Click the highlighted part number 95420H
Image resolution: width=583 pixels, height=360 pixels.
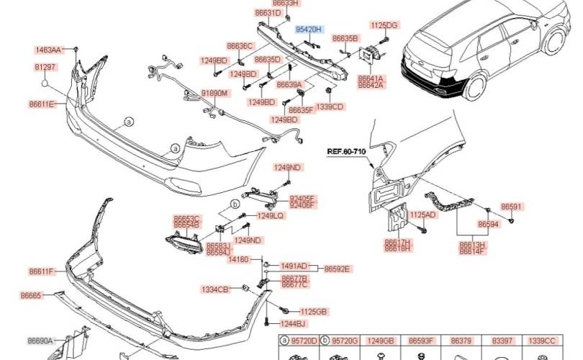(308, 29)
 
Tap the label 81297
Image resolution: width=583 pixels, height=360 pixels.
(45, 67)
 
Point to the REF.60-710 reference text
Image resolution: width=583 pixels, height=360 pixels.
(348, 152)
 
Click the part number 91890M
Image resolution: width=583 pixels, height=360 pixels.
(214, 94)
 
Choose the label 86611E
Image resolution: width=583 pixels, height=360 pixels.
(42, 104)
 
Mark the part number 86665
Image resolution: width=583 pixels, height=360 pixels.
(31, 295)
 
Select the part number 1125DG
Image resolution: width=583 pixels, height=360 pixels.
(384, 25)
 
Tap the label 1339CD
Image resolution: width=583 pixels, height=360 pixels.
(330, 107)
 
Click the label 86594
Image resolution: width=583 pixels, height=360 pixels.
(489, 225)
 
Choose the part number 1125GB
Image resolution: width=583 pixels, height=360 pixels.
(313, 311)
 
